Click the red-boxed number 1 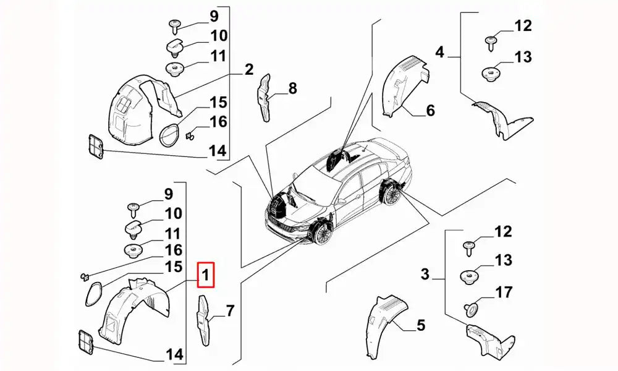pyautogui.click(x=206, y=275)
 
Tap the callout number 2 pyautogui.click(x=248, y=69)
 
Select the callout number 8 pyautogui.click(x=292, y=88)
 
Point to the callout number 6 pyautogui.click(x=430, y=111)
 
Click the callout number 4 pyautogui.click(x=439, y=53)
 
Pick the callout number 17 pyautogui.click(x=504, y=291)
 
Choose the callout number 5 pyautogui.click(x=420, y=324)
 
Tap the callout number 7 pyautogui.click(x=230, y=311)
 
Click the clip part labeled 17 pyautogui.click(x=472, y=307)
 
